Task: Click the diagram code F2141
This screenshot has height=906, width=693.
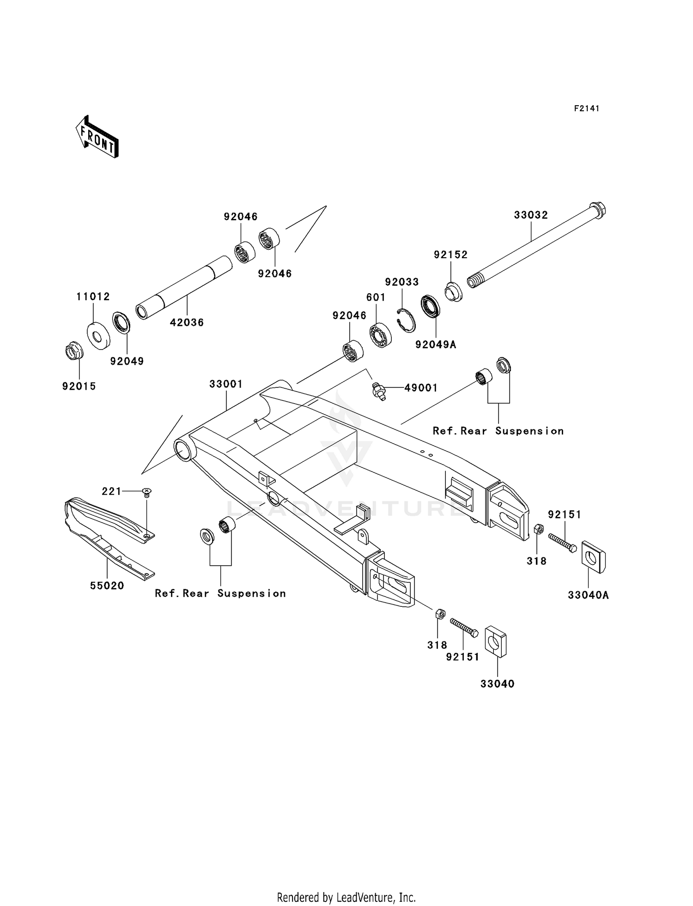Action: pos(586,109)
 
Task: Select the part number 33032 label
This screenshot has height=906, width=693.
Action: pos(531,215)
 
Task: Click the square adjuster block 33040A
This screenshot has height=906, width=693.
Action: pos(593,556)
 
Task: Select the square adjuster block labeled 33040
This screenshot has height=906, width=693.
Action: pos(495,641)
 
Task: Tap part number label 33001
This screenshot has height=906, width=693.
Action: pos(226,384)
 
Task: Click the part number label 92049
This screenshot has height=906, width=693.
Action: pos(127,362)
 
